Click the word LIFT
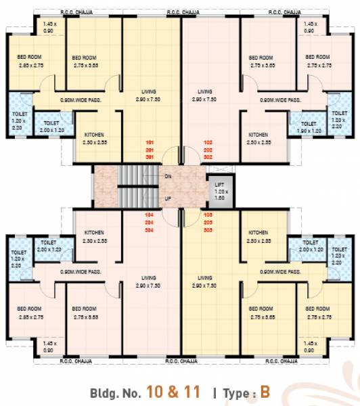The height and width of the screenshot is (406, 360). click(x=219, y=183)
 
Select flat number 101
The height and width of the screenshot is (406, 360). click(x=150, y=143)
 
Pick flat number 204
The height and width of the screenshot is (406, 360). click(x=150, y=221)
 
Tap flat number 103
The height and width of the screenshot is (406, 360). click(x=208, y=215)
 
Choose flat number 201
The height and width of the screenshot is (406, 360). click(x=150, y=150)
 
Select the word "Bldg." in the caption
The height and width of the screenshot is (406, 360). click(x=105, y=392)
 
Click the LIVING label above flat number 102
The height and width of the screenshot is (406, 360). click(x=205, y=91)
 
